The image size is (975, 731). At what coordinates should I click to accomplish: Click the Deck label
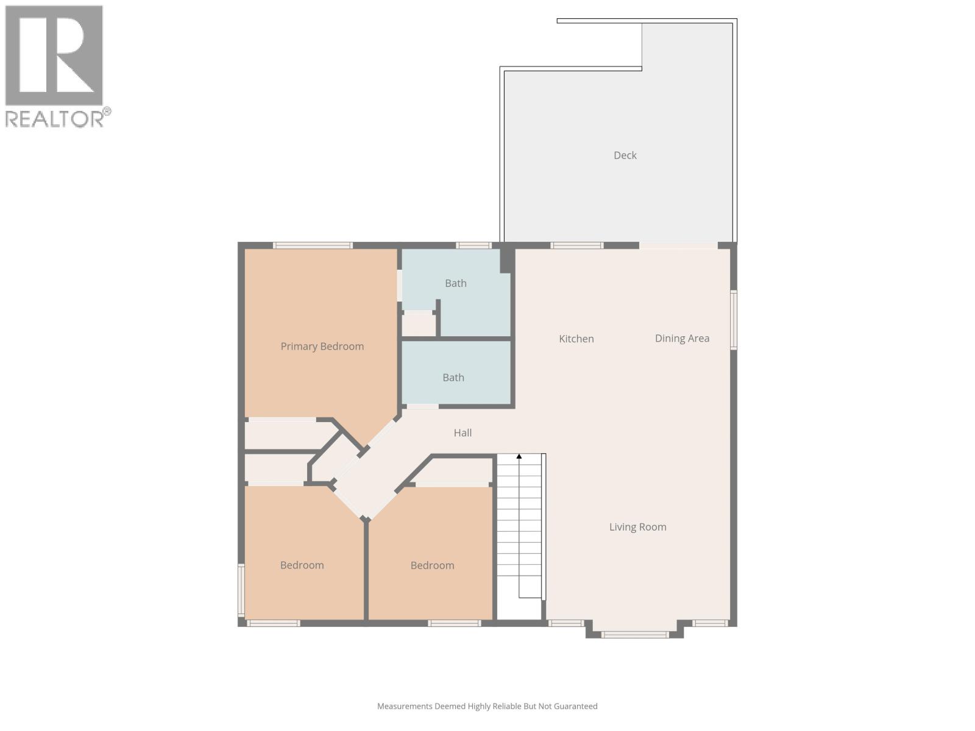pos(625,155)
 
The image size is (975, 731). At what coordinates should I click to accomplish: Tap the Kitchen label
pos(576,339)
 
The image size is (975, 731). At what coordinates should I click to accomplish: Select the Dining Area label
pos(682,338)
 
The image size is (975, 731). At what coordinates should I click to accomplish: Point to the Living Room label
pos(637,527)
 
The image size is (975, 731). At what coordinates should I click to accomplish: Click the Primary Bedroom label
pos(322,346)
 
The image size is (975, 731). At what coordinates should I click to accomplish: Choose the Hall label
pos(463,433)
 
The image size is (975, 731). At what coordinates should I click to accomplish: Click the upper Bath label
pos(455,283)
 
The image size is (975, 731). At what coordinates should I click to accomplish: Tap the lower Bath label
pos(453,378)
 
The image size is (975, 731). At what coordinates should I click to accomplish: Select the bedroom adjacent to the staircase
pos(432,565)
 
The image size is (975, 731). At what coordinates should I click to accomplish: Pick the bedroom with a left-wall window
pos(302,565)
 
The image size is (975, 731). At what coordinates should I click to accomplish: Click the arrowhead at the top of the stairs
pos(519,456)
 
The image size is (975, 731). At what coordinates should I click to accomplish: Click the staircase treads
pos(519,530)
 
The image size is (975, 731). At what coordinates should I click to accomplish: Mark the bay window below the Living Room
pos(634,635)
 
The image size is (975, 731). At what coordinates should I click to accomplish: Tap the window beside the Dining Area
pos(734,320)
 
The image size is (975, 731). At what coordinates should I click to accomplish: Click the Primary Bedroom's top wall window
pos(313,245)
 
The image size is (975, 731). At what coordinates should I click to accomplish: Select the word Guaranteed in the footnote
pos(573,706)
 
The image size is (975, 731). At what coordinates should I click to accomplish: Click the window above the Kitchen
pos(576,245)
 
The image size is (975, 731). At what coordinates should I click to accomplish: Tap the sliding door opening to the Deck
pos(678,245)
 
